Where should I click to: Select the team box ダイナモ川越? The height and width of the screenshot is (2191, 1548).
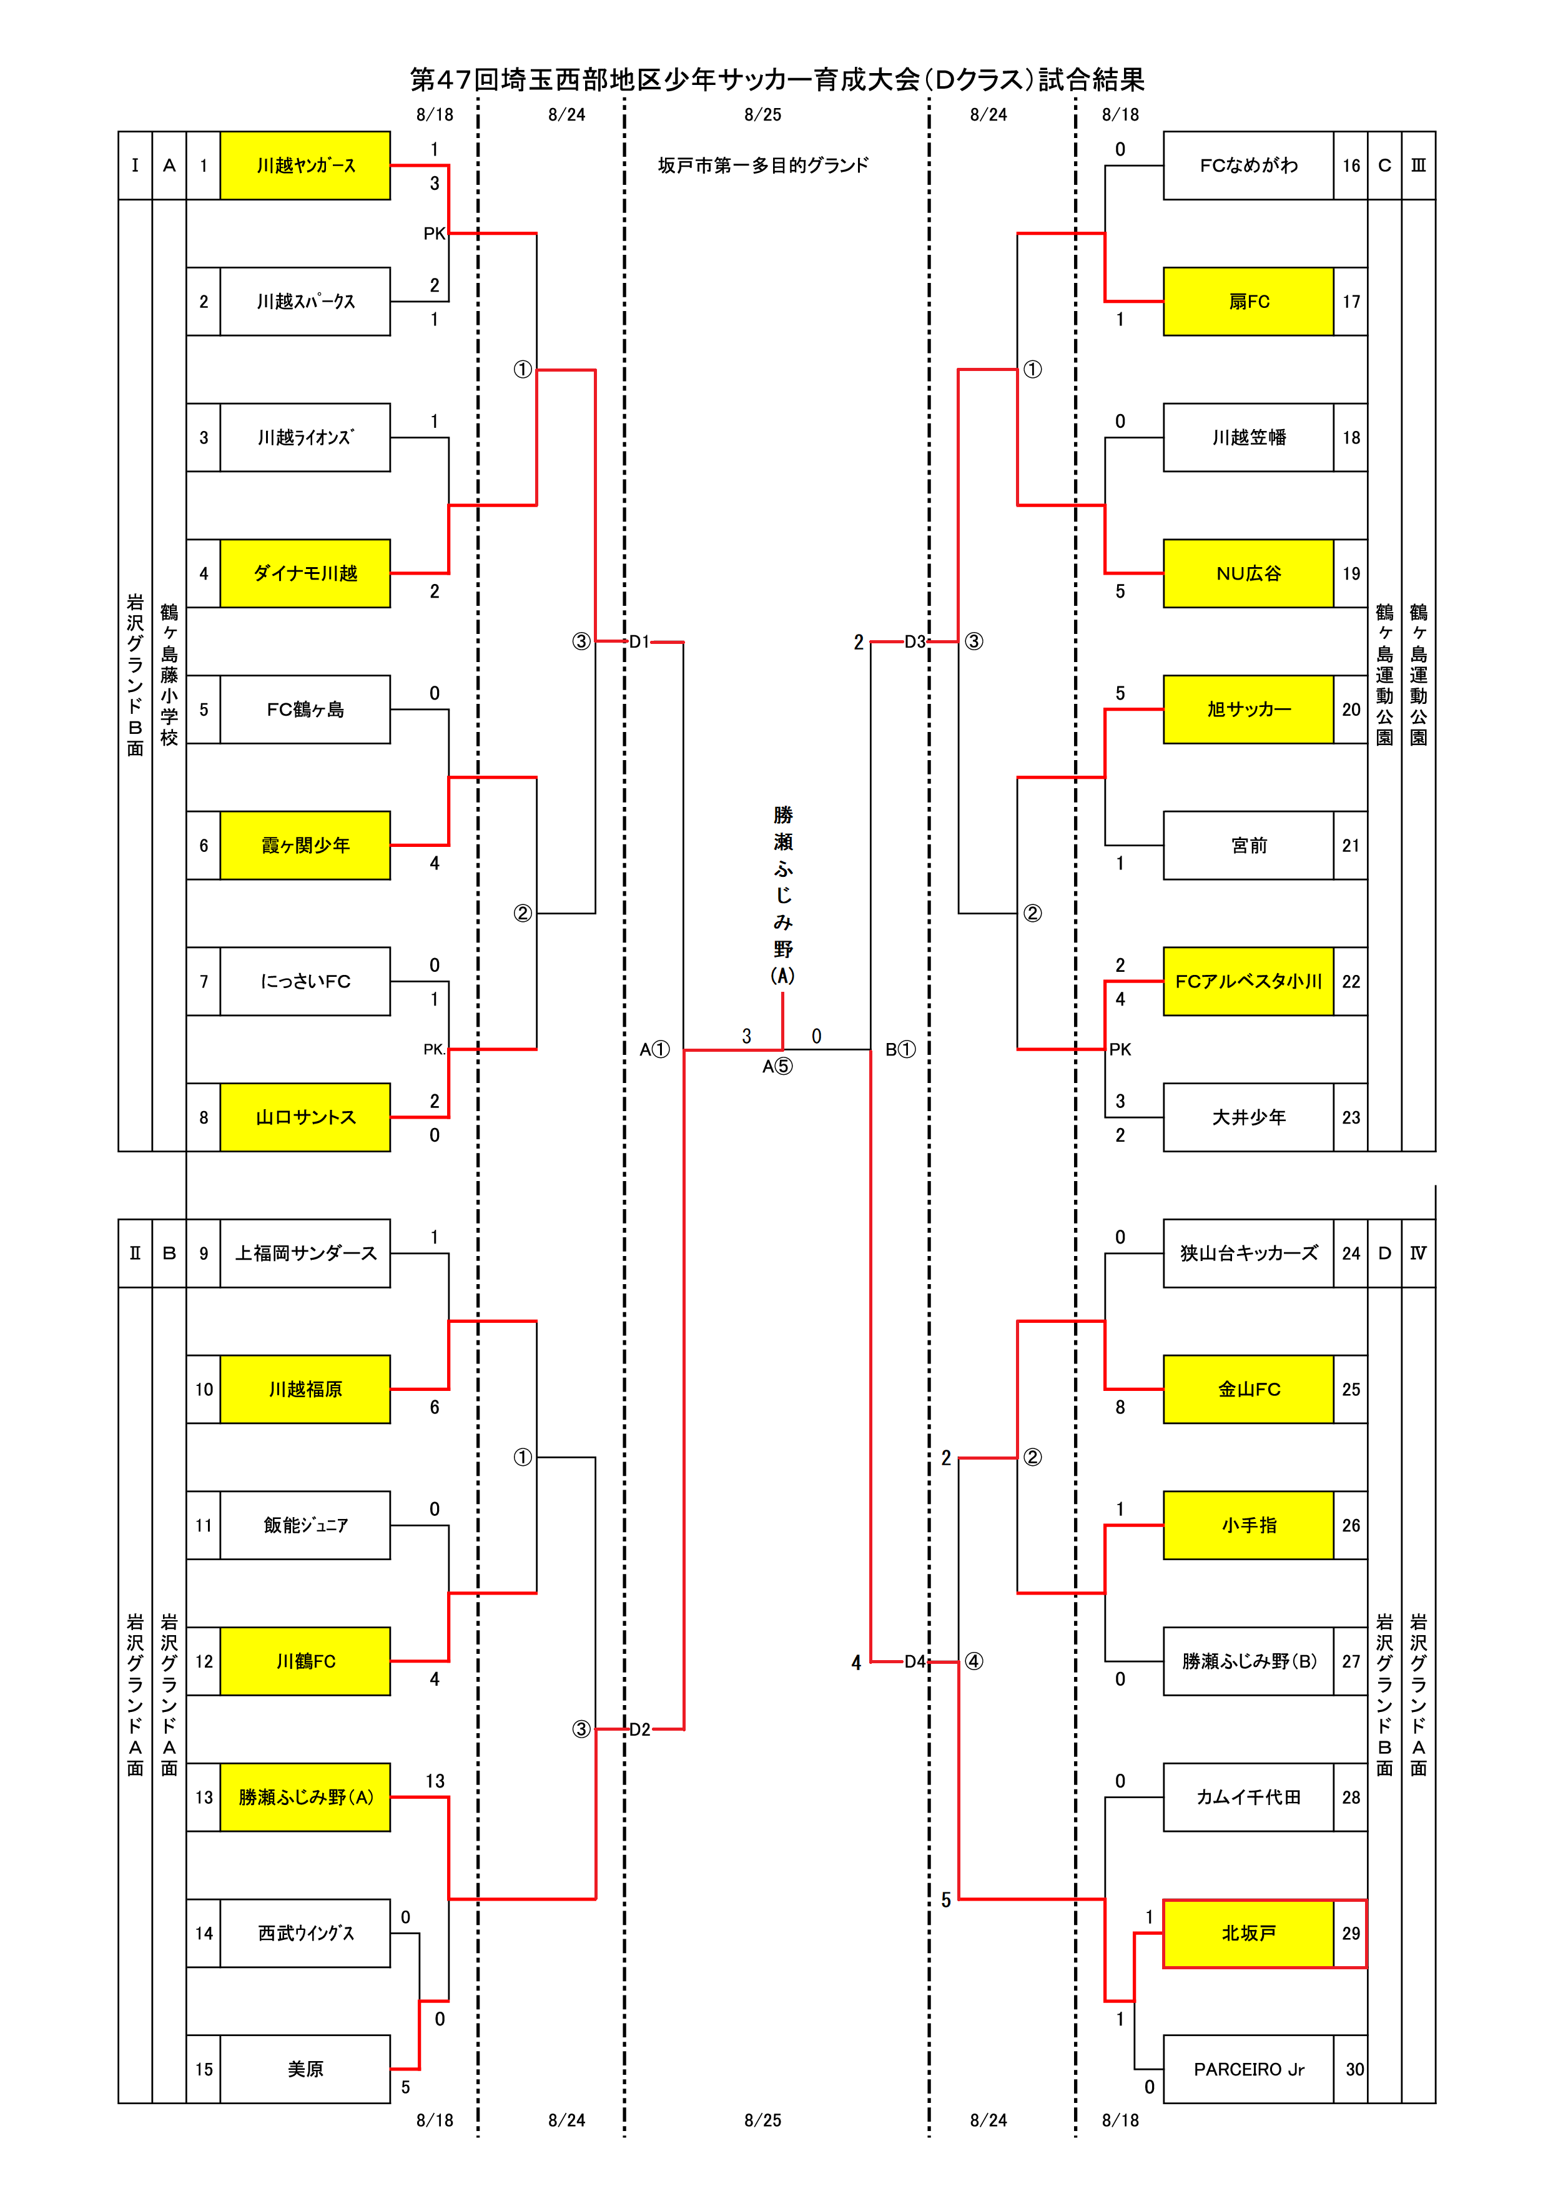point(305,573)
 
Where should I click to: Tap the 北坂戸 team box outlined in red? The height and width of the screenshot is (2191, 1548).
point(1248,1933)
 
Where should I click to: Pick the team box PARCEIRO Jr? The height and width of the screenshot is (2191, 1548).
point(1248,2069)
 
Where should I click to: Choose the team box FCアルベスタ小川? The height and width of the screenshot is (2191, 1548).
point(1248,981)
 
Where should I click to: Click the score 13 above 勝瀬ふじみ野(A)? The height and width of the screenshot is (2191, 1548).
point(435,1781)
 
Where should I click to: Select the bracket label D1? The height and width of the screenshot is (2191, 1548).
point(639,641)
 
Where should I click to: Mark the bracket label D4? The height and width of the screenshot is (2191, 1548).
point(915,1661)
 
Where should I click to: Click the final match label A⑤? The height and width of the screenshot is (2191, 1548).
point(777,1066)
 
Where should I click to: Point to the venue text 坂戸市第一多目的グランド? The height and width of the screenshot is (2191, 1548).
point(763,165)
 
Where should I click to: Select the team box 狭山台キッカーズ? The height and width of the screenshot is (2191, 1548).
point(1248,1253)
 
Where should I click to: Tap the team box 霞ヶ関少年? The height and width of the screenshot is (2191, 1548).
point(305,846)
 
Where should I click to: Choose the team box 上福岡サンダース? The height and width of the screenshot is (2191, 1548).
point(305,1253)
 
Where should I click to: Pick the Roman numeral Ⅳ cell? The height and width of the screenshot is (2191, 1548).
point(1418,1253)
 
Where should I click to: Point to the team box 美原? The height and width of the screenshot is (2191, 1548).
point(305,2069)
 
